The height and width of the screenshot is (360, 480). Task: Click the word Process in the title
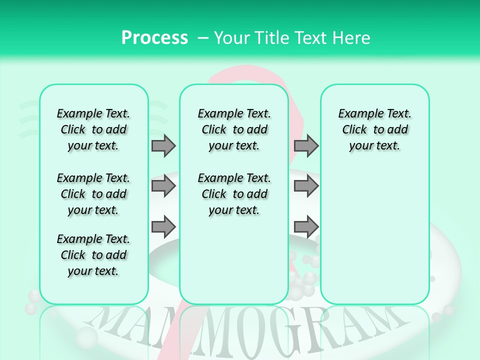154,37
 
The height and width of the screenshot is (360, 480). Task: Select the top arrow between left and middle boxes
163,145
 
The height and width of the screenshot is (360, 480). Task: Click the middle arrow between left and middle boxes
163,186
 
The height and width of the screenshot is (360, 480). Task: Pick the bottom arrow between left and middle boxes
163,227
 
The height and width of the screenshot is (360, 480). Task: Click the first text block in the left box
93,129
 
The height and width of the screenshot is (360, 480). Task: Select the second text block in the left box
93,194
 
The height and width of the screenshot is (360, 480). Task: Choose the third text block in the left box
93,255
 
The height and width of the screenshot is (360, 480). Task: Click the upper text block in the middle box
234,129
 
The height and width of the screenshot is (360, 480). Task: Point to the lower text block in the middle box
234,194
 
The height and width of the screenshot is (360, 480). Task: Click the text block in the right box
375,129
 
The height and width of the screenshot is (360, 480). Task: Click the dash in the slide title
203,38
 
